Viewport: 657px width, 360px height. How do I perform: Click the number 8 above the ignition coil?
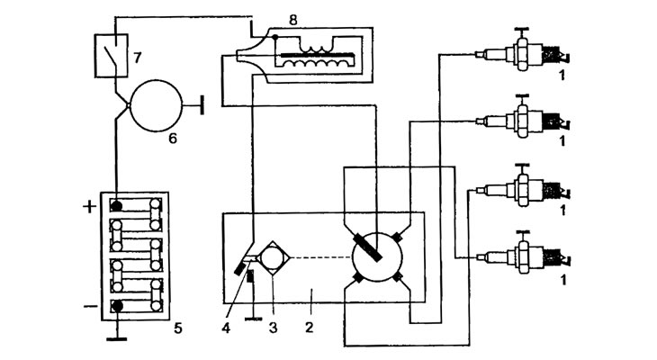(293, 20)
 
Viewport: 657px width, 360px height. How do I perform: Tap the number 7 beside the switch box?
(138, 58)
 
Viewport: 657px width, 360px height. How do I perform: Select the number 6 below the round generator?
(173, 138)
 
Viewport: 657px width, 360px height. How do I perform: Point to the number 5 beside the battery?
(178, 328)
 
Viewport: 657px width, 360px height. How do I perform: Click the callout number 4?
(226, 328)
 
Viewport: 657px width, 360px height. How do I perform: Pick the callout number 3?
(274, 328)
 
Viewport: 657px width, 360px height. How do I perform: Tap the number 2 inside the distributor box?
(310, 328)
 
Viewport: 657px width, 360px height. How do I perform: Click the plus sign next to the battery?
(89, 207)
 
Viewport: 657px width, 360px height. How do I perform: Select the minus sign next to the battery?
(90, 306)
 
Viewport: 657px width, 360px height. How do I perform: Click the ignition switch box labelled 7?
(112, 56)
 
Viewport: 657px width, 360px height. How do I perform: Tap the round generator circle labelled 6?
(157, 105)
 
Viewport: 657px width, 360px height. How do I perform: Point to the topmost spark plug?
(523, 53)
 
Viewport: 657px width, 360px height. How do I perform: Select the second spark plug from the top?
(523, 121)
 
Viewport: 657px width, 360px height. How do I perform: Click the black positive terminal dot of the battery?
(116, 206)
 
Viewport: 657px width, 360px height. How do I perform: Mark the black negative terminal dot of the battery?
(117, 306)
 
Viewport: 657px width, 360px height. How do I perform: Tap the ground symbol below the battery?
(117, 337)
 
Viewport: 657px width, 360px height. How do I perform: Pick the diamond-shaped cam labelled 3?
(273, 257)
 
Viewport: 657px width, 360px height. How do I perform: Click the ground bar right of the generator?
(202, 105)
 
